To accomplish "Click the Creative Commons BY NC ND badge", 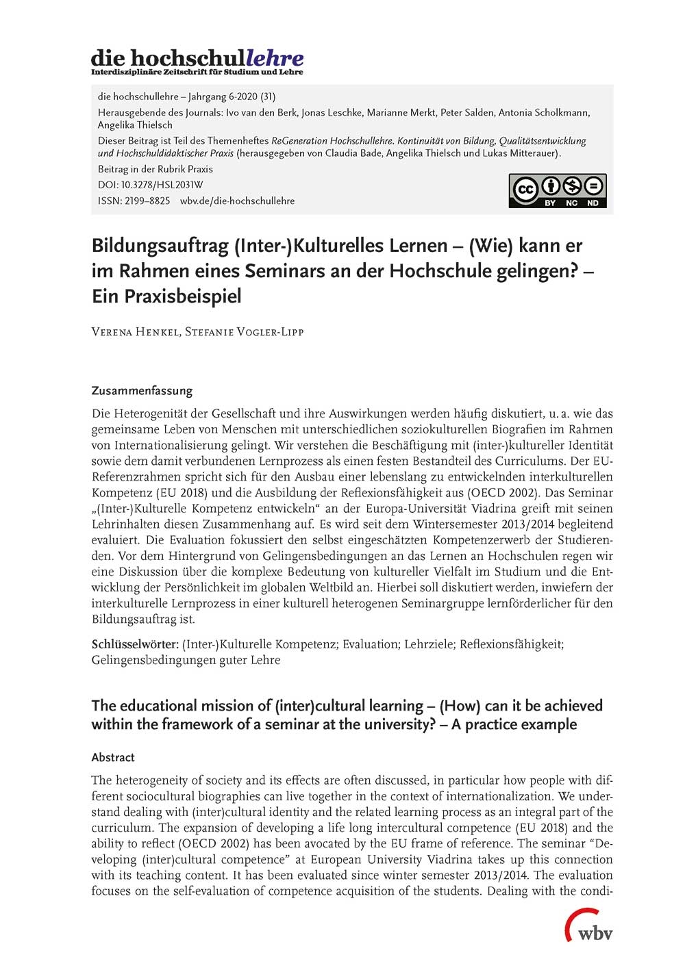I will pos(557,191).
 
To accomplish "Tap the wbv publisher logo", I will pos(588,926).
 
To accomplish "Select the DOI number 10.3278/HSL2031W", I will pos(162,185).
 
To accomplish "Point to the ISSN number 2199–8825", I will pos(147,201).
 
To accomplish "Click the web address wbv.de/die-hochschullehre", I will pos(237,201).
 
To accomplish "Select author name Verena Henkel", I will pos(134,332).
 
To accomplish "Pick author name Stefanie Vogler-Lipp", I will pos(244,332).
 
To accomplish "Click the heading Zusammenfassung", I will pos(142,391).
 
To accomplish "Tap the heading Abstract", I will pos(113,757).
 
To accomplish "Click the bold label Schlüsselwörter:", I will pos(135,644).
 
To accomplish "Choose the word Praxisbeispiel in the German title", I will pos(166,296).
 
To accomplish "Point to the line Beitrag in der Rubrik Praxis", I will pos(155,169).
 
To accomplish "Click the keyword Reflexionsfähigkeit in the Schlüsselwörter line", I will pos(511,644).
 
